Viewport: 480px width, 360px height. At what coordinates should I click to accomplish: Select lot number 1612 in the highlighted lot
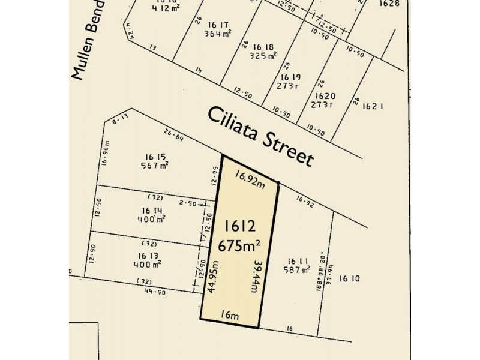click(x=240, y=226)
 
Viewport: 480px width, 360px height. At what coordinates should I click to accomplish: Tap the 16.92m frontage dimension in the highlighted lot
click(x=250, y=179)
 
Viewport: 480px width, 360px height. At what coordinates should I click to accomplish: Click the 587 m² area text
click(x=298, y=270)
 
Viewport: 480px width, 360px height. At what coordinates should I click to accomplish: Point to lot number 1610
click(x=350, y=278)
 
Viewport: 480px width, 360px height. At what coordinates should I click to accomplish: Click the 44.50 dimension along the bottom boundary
click(x=154, y=292)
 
